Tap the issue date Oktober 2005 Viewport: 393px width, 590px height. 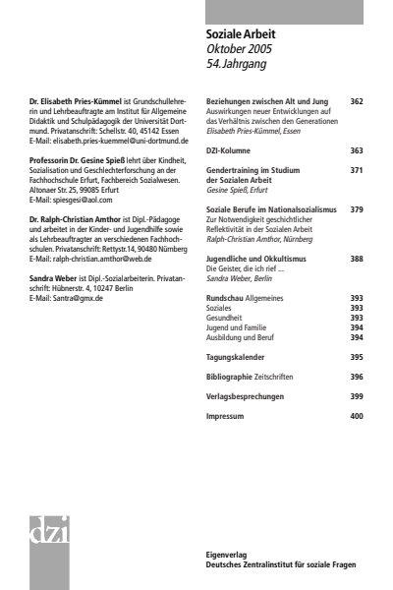click(240, 48)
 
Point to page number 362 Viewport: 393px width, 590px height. click(356, 101)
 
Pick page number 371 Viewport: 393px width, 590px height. click(356, 170)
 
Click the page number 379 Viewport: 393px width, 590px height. click(356, 209)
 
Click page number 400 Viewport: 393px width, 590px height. click(356, 416)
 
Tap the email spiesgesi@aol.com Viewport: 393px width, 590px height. click(74, 200)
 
